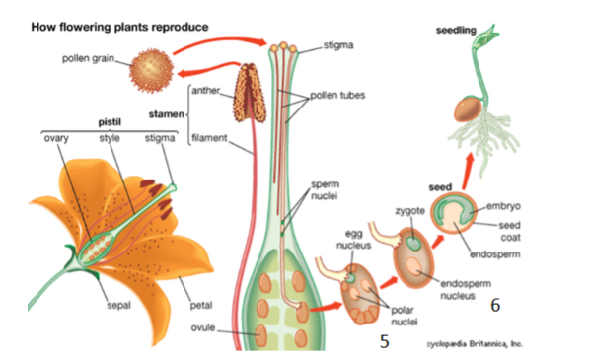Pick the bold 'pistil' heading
coord(109,122)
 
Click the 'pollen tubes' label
coord(335,95)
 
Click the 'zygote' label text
coord(409,211)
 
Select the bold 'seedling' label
coord(456,32)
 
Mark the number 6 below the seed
coord(494,306)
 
